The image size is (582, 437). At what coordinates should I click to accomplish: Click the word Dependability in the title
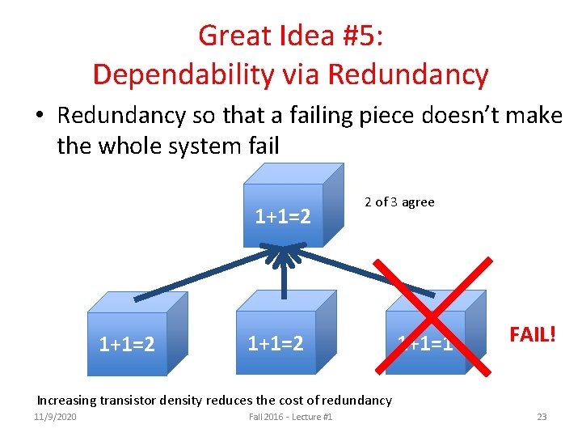167,74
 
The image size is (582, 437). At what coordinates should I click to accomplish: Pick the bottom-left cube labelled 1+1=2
129,340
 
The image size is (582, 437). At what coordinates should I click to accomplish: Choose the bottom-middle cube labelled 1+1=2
276,340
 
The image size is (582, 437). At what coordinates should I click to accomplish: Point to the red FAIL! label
531,333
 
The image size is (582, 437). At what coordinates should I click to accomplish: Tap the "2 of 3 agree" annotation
399,202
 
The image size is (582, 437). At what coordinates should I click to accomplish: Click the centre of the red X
436,316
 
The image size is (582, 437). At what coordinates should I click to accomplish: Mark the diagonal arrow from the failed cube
364,272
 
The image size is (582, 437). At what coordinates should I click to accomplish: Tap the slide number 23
542,417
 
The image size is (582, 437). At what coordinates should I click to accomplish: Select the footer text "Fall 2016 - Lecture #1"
291,417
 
